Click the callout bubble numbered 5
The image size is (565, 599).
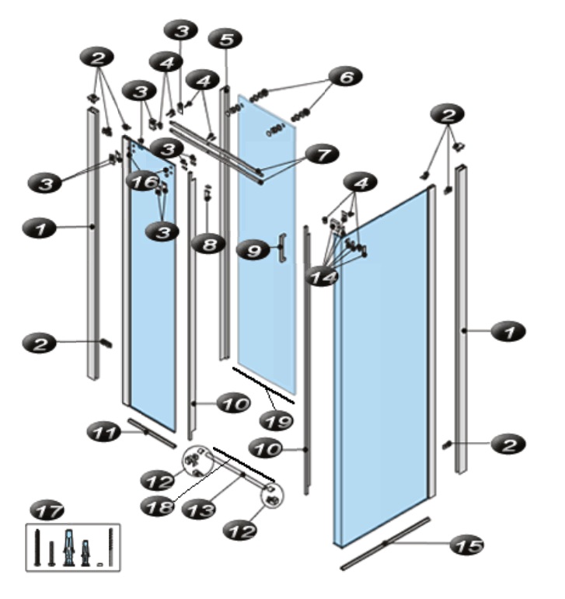pos(225,40)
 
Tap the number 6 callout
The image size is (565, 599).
pos(346,77)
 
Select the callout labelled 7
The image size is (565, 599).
pos(323,155)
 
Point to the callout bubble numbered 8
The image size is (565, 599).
pos(209,244)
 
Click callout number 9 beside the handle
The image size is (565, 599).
pos(253,250)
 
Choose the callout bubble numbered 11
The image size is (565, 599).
pos(104,433)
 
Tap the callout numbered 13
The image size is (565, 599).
pos(198,509)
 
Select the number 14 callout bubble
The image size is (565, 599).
pos(322,277)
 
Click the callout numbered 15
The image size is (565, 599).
pos(467,545)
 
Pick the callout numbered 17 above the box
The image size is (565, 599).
pos(47,510)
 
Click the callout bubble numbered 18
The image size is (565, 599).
pos(158,507)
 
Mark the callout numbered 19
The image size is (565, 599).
pos(276,420)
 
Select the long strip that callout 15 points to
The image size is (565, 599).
pos(385,544)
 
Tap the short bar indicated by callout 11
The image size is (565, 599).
pos(152,434)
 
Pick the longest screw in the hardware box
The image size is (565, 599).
pos(37,547)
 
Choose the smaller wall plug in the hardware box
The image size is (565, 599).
pos(85,553)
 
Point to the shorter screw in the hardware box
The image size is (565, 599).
pos(51,553)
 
